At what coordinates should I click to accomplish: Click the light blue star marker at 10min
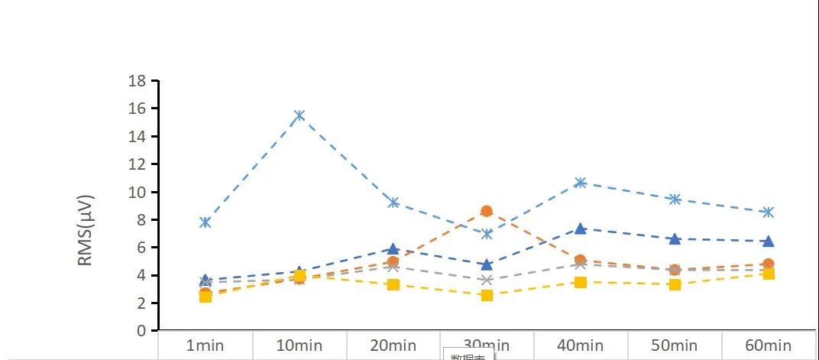(x=299, y=115)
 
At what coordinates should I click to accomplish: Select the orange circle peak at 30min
(x=487, y=211)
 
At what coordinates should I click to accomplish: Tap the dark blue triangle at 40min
(x=581, y=229)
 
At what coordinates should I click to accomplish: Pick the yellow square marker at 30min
(x=487, y=295)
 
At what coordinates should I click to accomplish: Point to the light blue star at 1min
(x=206, y=222)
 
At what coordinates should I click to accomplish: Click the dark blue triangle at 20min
(x=393, y=248)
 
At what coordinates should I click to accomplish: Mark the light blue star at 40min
(x=581, y=183)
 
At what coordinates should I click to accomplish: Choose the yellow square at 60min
(x=769, y=274)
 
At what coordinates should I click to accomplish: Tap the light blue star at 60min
(x=769, y=212)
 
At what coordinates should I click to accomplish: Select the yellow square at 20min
(x=393, y=284)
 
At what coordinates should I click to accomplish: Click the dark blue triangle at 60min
(x=769, y=242)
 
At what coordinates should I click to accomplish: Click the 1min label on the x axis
(x=206, y=345)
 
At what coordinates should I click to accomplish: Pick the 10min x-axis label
(x=299, y=345)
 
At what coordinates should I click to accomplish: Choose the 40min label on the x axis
(x=581, y=345)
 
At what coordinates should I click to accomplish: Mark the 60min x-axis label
(x=769, y=345)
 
